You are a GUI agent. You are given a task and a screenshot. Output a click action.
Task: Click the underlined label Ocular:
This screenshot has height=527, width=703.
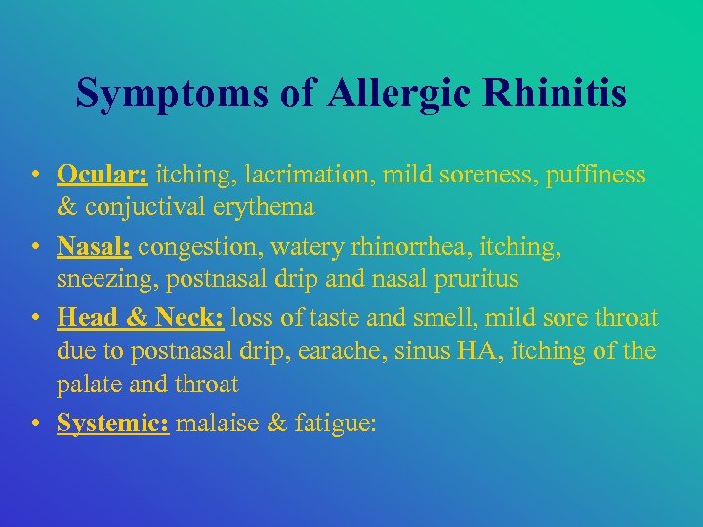point(103,175)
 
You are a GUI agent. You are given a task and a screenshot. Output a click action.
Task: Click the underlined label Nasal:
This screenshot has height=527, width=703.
point(95,246)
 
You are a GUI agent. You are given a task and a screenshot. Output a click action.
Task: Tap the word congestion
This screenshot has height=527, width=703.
point(189,247)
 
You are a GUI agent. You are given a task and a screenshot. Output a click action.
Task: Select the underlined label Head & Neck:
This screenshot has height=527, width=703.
point(141,317)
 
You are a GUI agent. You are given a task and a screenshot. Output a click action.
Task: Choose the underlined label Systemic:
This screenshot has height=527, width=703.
point(113,424)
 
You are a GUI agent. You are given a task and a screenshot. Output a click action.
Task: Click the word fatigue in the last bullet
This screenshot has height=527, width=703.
point(327,424)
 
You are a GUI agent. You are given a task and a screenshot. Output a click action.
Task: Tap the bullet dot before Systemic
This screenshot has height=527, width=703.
point(34,424)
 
